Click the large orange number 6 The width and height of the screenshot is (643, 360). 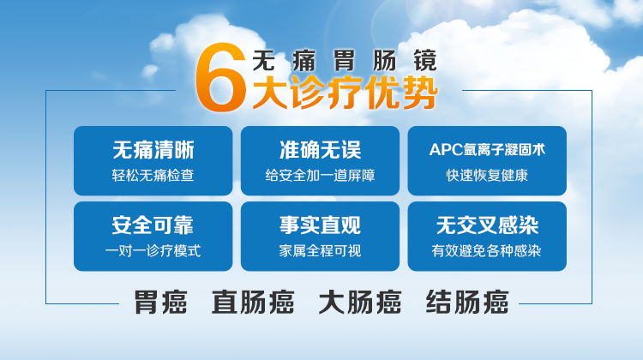click(x=220, y=77)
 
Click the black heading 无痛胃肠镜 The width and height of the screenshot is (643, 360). click(x=345, y=61)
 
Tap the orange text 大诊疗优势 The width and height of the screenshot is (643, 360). click(x=345, y=93)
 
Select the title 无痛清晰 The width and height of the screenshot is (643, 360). click(x=153, y=150)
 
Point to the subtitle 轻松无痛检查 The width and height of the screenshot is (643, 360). click(x=153, y=176)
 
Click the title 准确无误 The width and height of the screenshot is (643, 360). click(x=321, y=150)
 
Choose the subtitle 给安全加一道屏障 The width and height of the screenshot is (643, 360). click(x=321, y=176)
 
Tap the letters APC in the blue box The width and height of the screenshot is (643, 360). click(x=446, y=150)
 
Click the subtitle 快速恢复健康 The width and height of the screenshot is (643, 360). click(x=487, y=176)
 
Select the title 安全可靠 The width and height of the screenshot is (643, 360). click(x=153, y=225)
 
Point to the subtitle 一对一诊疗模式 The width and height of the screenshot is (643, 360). click(x=153, y=251)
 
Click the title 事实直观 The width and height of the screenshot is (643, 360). click(x=321, y=225)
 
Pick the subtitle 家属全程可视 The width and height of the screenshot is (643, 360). click(x=321, y=251)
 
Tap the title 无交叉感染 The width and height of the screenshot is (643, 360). click(x=487, y=225)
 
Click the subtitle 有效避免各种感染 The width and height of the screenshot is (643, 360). click(x=487, y=251)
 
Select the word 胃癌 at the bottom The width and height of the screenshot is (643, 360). click(x=161, y=303)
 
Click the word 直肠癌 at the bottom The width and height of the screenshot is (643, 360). click(x=253, y=303)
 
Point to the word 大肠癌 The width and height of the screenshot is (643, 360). click(x=360, y=303)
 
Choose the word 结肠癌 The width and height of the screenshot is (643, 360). click(x=467, y=303)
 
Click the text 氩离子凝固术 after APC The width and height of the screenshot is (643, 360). click(x=505, y=150)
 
